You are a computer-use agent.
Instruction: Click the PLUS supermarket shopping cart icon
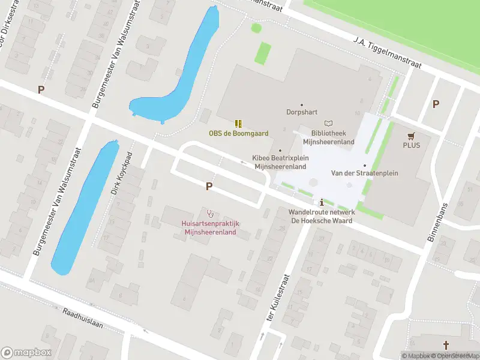click(412, 136)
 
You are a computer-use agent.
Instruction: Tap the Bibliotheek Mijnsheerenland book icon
click(328, 122)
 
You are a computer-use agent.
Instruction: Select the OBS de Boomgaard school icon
click(238, 124)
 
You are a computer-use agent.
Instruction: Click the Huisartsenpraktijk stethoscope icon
click(210, 213)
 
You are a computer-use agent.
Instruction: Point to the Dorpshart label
click(301, 112)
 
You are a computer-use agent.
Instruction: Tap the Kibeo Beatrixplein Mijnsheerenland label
click(281, 163)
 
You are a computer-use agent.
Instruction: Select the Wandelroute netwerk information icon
click(322, 202)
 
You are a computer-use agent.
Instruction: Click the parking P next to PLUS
click(436, 104)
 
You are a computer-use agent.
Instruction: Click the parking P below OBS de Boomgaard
click(209, 187)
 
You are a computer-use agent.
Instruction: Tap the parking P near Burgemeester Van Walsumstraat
click(41, 90)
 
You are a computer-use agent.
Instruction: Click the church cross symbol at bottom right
click(446, 345)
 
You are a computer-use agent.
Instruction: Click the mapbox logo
click(26, 352)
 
